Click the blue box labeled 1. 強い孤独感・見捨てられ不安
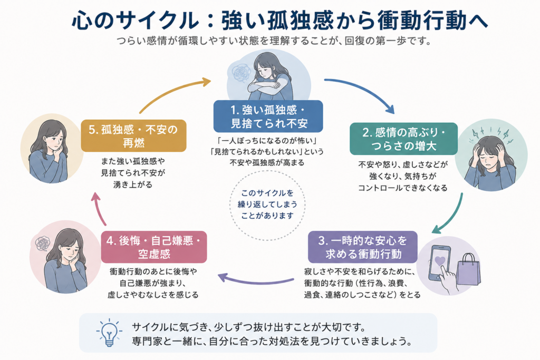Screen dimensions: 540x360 [x=268, y=116]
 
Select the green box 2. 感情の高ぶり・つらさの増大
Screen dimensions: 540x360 [x=403, y=139]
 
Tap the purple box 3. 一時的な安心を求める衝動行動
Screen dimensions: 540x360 [x=363, y=247]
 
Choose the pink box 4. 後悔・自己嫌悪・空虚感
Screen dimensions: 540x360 [x=154, y=247]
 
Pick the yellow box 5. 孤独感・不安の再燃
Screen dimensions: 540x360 [x=133, y=135]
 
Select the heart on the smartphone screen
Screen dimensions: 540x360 [x=440, y=261]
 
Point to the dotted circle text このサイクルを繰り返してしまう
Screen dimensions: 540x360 [x=267, y=199]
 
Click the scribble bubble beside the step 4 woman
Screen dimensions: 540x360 [x=43, y=244]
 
